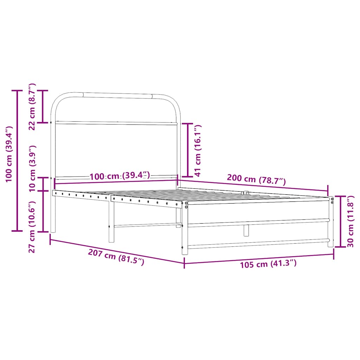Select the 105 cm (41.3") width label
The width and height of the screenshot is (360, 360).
[x=268, y=264]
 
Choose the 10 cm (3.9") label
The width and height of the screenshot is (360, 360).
[x=32, y=168]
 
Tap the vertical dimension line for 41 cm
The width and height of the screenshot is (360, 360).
[x=187, y=150]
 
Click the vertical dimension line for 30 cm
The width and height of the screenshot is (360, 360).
[x=340, y=221]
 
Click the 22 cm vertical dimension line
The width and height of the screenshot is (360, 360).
[x=43, y=107]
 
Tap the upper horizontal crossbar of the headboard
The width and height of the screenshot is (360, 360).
[x=116, y=123]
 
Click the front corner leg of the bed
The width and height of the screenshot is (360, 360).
[x=185, y=229]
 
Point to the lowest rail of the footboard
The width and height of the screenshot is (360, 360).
[x=258, y=243]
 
